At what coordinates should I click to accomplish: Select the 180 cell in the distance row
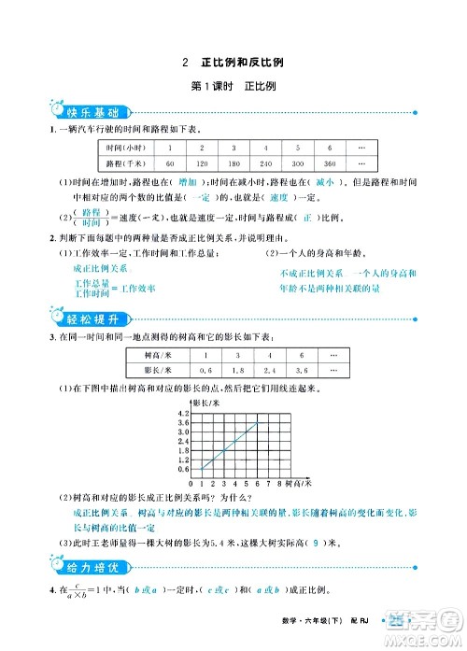[x=234, y=163]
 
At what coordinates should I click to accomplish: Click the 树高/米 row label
[x=149, y=356]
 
